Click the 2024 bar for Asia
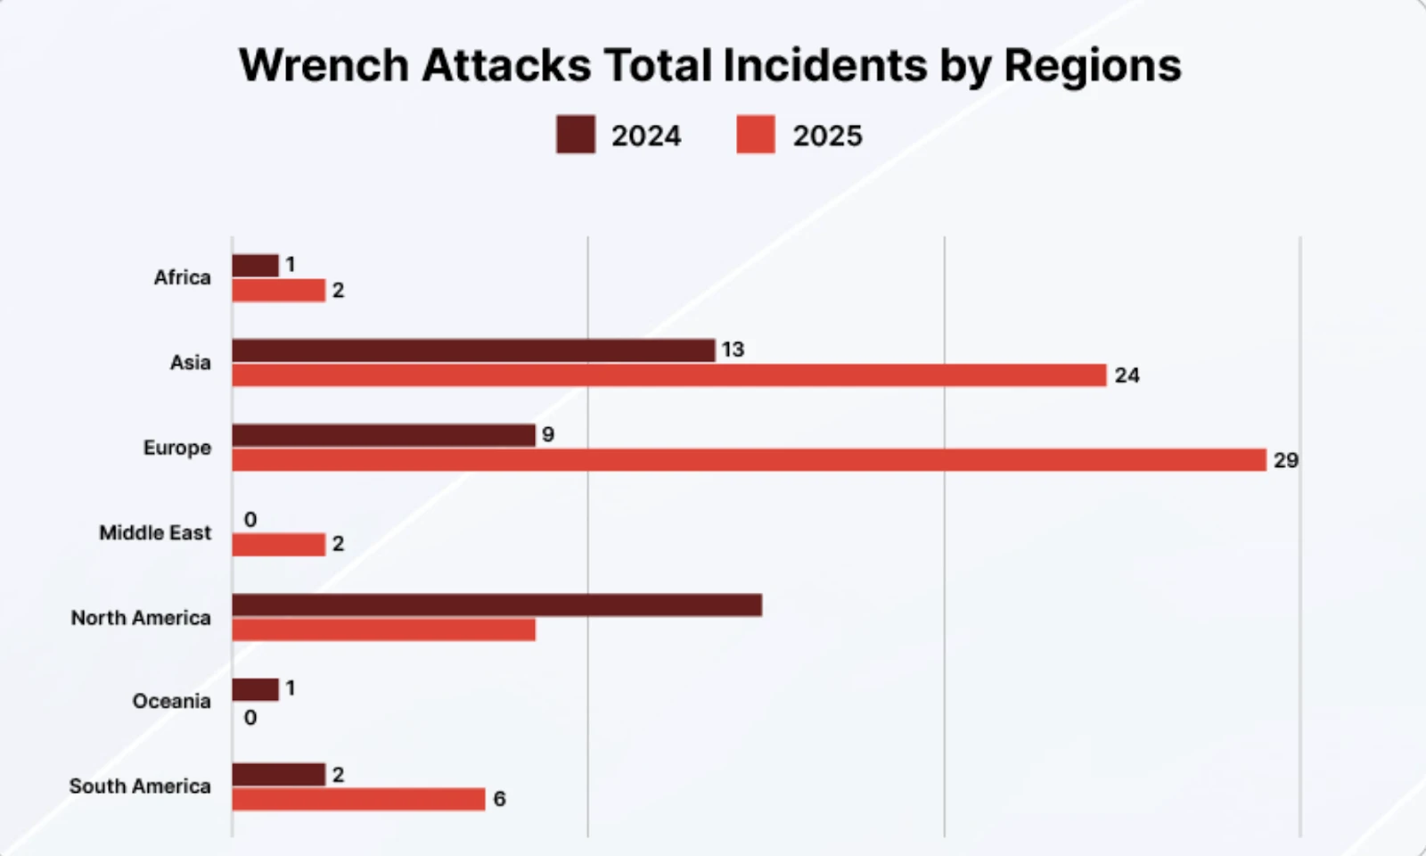pyautogui.click(x=473, y=350)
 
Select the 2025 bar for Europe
pyautogui.click(x=749, y=460)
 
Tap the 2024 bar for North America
pyautogui.click(x=496, y=605)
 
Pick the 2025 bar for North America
pyautogui.click(x=383, y=630)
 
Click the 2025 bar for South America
pyautogui.click(x=358, y=799)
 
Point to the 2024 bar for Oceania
pyautogui.click(x=255, y=689)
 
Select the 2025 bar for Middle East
pyautogui.click(x=278, y=545)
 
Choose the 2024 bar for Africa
pyautogui.click(x=255, y=266)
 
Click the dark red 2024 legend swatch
pyautogui.click(x=576, y=135)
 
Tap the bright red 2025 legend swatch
pyautogui.click(x=756, y=135)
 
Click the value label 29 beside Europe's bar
pyautogui.click(x=1285, y=460)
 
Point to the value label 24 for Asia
pyautogui.click(x=1127, y=375)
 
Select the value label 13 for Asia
pyautogui.click(x=733, y=350)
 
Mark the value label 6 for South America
pyautogui.click(x=499, y=799)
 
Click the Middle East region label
pyautogui.click(x=155, y=533)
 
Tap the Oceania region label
pyautogui.click(x=171, y=702)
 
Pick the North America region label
pyautogui.click(x=141, y=618)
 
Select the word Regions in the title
pyautogui.click(x=1092, y=65)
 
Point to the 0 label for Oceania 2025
pyautogui.click(x=250, y=718)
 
